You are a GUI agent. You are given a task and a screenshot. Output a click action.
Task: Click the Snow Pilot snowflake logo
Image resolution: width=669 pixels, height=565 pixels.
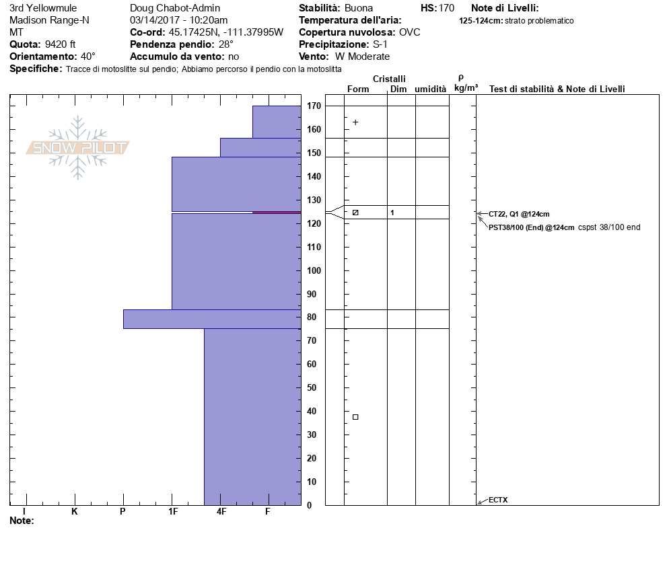[78, 147]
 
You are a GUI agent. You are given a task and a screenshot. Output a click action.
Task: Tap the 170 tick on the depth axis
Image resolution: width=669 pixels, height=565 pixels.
[313, 106]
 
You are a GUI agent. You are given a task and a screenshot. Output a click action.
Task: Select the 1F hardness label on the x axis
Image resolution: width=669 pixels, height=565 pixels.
[172, 512]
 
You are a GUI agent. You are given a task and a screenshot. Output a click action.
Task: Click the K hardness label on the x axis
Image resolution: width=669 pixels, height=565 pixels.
[74, 512]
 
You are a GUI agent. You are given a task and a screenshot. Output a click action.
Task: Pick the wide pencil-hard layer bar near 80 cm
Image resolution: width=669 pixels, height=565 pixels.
[211, 319]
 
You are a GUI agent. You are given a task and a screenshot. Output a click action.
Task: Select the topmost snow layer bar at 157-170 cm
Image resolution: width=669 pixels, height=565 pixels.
[276, 122]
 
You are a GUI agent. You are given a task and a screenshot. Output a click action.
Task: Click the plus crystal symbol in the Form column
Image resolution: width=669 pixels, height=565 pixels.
[355, 122]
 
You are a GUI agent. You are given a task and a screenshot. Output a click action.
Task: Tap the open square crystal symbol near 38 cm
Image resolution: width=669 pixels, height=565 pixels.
[355, 417]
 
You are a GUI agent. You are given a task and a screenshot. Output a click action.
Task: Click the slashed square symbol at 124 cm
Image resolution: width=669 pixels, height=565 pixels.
[355, 213]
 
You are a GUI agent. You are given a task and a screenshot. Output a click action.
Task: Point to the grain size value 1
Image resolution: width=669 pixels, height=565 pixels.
[392, 213]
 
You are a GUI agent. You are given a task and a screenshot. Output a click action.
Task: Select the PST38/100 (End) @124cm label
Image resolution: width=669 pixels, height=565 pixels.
[531, 227]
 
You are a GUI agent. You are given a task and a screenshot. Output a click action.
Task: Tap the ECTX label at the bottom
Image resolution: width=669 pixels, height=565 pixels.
[498, 500]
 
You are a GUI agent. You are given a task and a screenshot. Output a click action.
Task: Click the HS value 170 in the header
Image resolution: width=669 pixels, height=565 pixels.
[446, 8]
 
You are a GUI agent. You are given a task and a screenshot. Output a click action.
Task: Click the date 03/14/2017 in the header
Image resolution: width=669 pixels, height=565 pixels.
[154, 20]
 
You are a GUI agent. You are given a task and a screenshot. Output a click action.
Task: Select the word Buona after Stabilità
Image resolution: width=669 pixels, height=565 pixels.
[358, 8]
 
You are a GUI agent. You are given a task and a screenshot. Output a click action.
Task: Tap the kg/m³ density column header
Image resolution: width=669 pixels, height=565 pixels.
[466, 88]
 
